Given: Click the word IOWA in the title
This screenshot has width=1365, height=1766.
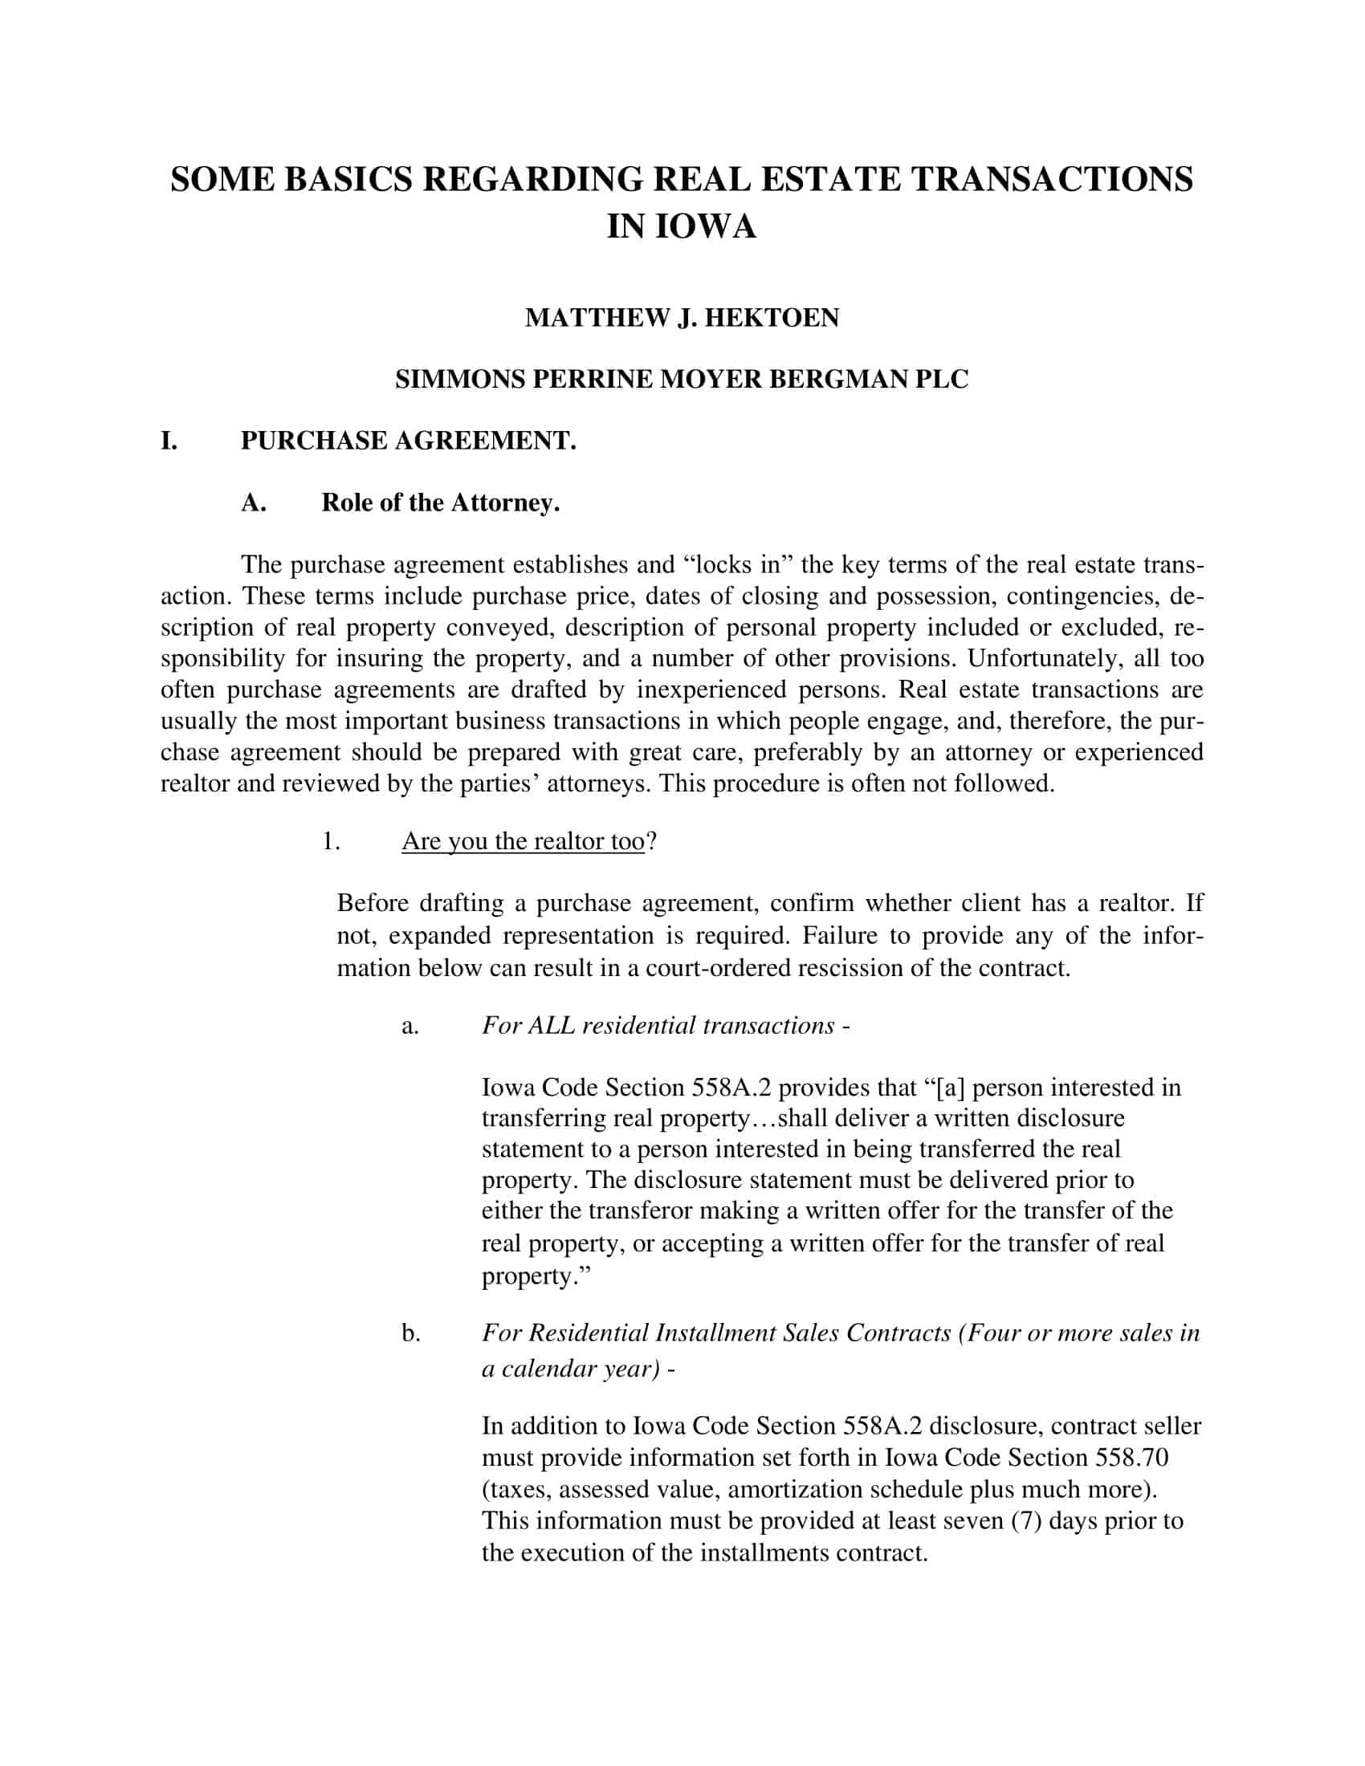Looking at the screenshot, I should (x=704, y=227).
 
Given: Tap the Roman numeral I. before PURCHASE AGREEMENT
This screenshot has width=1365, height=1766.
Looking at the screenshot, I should (x=169, y=441).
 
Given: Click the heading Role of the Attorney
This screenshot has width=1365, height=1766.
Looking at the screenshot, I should (x=441, y=503).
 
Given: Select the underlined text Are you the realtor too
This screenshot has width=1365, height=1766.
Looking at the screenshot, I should (x=523, y=841).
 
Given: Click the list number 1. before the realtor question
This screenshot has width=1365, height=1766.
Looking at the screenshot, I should (x=330, y=841).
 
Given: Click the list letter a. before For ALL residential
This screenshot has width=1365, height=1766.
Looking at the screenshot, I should (x=410, y=1025).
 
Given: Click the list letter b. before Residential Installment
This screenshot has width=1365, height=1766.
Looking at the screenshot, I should (x=411, y=1333).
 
